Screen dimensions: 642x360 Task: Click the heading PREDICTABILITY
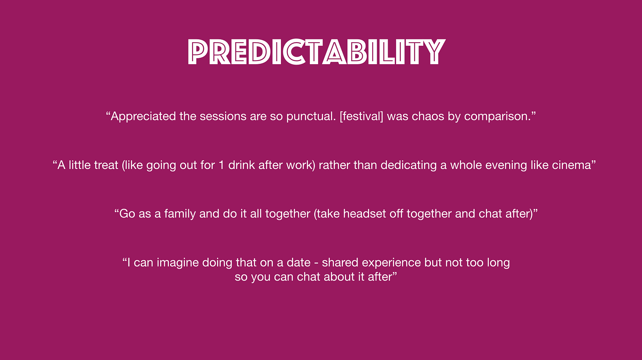(317, 52)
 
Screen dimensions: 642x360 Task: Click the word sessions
(223, 116)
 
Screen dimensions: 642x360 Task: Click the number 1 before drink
(221, 165)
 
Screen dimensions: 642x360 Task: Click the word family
(180, 214)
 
